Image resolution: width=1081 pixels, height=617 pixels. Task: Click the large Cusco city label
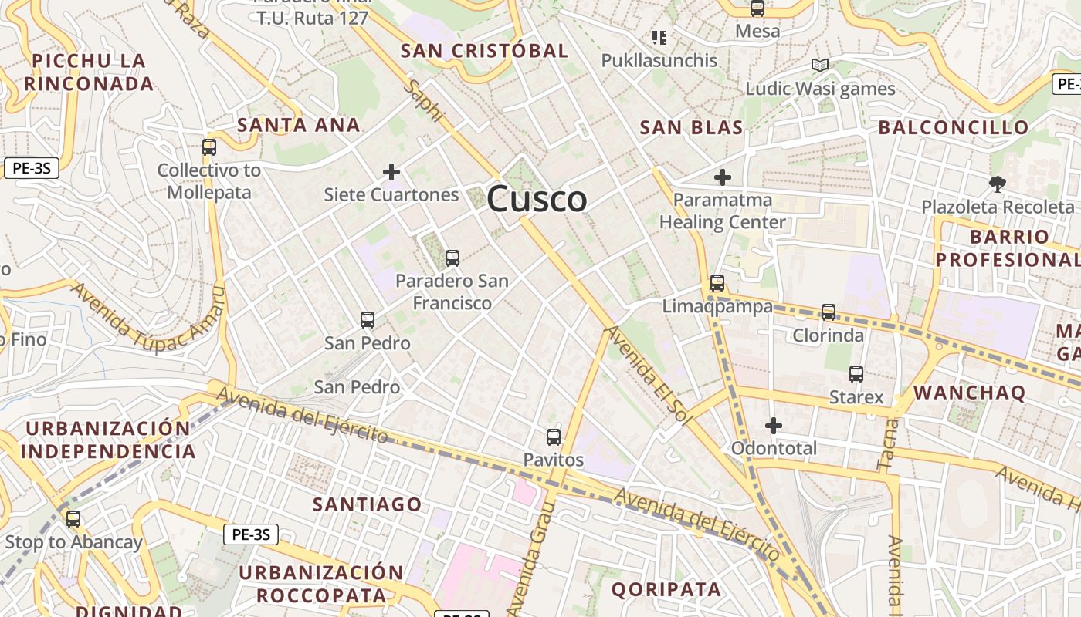pyautogui.click(x=537, y=199)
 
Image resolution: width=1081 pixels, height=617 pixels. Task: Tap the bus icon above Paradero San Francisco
pyautogui.click(x=452, y=258)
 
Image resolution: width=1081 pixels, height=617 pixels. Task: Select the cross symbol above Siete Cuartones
pyautogui.click(x=391, y=172)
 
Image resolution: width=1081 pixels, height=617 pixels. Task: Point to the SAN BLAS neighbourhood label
pyautogui.click(x=691, y=128)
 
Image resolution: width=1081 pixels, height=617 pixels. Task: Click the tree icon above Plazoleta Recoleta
pyautogui.click(x=998, y=184)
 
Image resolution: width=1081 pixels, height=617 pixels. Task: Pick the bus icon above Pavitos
pyautogui.click(x=554, y=437)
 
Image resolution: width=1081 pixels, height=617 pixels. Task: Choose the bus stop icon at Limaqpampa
pyautogui.click(x=717, y=283)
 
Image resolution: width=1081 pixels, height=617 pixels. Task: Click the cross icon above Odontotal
pyautogui.click(x=774, y=425)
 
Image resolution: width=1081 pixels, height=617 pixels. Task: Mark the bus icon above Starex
pyautogui.click(x=856, y=374)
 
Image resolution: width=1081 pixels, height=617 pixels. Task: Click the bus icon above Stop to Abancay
pyautogui.click(x=73, y=519)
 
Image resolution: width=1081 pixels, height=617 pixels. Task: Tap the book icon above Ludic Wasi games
pyautogui.click(x=820, y=66)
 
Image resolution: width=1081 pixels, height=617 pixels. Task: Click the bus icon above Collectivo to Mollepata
pyautogui.click(x=209, y=147)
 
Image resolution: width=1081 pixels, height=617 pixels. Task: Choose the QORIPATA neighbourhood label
pyautogui.click(x=666, y=590)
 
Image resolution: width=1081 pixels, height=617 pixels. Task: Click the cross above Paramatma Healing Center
pyautogui.click(x=723, y=178)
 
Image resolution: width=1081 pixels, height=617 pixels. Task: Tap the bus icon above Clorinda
pyautogui.click(x=829, y=312)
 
